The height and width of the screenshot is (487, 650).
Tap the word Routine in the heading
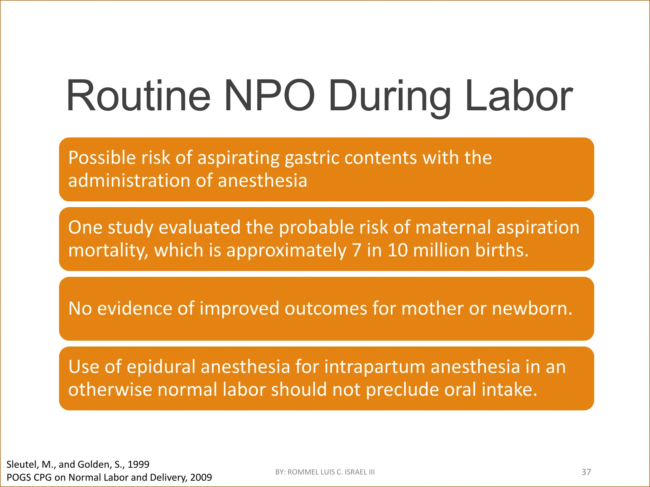coord(138,96)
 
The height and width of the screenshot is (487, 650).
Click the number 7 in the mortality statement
coord(357,250)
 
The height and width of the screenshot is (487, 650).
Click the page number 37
coord(586,472)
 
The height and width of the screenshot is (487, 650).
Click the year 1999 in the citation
coord(138,464)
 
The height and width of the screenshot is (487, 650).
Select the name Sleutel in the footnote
coord(22,464)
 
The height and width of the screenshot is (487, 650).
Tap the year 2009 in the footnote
coord(201,477)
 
